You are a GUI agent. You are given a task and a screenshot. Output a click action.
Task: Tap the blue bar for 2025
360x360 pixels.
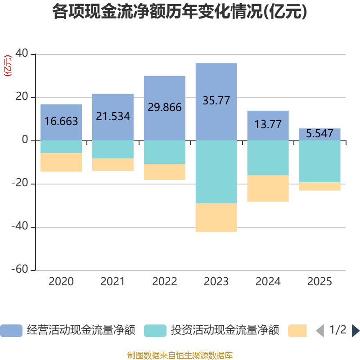[x=319, y=134]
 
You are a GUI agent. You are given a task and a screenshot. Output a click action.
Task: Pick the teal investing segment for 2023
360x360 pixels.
[x=216, y=171]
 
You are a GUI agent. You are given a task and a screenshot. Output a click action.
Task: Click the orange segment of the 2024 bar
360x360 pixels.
[x=268, y=189]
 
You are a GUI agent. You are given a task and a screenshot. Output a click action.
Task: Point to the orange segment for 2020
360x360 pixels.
[x=61, y=162]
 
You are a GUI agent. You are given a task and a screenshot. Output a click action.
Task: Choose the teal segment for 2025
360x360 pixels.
[x=319, y=161]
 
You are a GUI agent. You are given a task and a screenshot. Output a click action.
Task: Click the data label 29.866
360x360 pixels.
[x=165, y=107]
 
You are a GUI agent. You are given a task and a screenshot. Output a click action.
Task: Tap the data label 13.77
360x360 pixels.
[x=268, y=124]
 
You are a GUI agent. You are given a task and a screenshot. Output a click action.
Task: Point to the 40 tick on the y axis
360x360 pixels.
[x=22, y=54]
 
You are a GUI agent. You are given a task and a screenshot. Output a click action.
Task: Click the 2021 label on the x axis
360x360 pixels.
[x=112, y=282]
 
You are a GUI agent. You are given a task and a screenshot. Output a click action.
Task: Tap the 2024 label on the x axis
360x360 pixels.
[x=268, y=282]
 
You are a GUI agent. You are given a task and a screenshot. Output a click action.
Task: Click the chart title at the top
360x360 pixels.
[x=180, y=12]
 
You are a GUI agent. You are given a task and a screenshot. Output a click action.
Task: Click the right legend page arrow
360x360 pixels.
[x=355, y=330]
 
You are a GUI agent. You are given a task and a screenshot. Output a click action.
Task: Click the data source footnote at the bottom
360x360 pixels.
[x=180, y=355]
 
